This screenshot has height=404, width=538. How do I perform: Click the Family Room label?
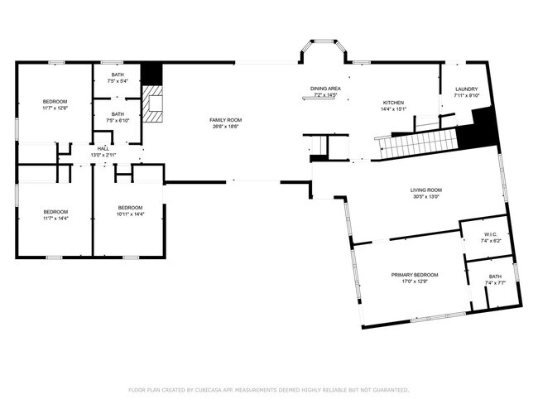[x=225, y=120]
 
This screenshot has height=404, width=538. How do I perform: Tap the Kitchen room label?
[x=392, y=102]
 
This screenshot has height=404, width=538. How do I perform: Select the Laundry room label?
[x=467, y=89]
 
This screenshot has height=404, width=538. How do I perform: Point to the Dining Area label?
[x=325, y=89]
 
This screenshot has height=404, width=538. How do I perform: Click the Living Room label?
[x=426, y=190]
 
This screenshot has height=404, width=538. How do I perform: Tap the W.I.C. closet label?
[x=491, y=234]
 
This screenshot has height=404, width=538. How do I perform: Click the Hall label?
[x=103, y=148]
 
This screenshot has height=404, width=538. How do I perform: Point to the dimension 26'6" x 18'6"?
[x=225, y=127]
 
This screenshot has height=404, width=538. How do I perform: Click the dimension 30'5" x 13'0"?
[x=426, y=197]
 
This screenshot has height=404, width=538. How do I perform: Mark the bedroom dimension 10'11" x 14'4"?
[x=131, y=214]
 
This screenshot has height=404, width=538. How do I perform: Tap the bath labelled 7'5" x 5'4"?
[x=118, y=77]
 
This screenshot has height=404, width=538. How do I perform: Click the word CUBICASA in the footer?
[x=212, y=389]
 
